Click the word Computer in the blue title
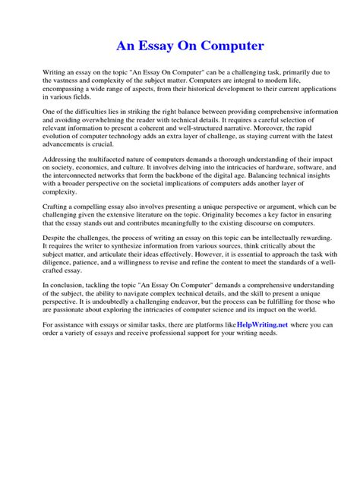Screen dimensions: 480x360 [228, 46]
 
